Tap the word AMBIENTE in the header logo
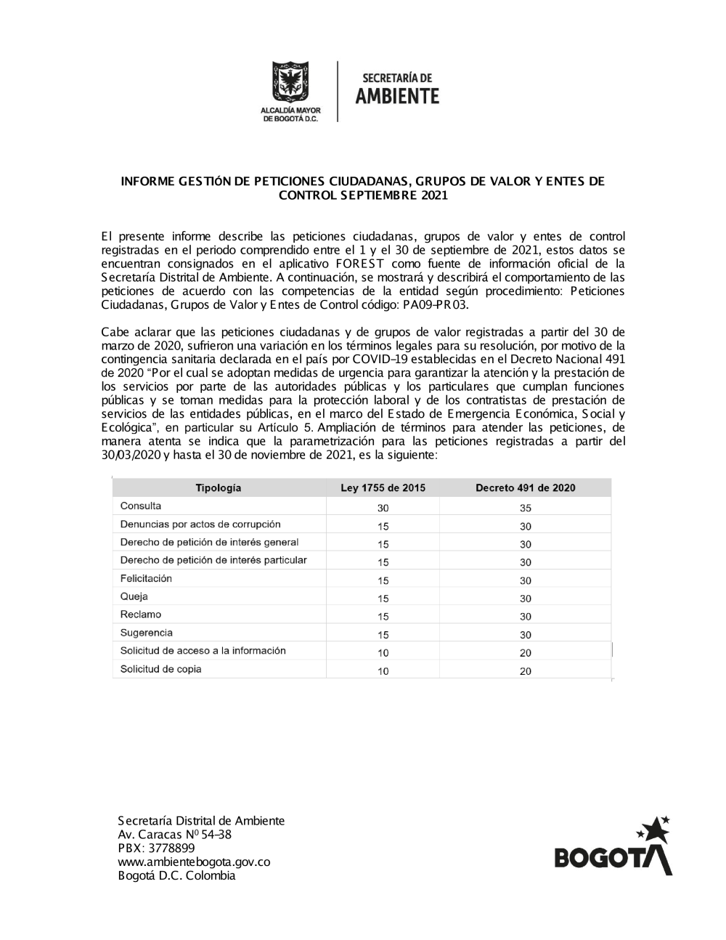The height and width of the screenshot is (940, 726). click(397, 96)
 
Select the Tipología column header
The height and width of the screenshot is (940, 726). click(218, 488)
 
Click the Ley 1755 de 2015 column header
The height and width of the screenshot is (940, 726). click(383, 488)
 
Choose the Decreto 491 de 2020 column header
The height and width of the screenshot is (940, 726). click(525, 488)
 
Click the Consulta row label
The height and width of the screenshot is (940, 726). click(141, 506)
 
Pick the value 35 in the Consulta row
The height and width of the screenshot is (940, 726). click(526, 509)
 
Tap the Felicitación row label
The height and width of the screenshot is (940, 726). click(146, 579)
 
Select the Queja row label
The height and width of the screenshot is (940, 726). click(134, 597)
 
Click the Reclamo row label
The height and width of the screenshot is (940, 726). click(141, 615)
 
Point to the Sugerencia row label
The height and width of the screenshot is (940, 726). click(146, 633)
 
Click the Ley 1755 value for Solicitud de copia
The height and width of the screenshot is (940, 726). click(383, 671)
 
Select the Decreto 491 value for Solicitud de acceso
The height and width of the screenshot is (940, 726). click(526, 653)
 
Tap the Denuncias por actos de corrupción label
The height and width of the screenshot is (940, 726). click(200, 524)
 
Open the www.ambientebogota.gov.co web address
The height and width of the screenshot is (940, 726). click(194, 862)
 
